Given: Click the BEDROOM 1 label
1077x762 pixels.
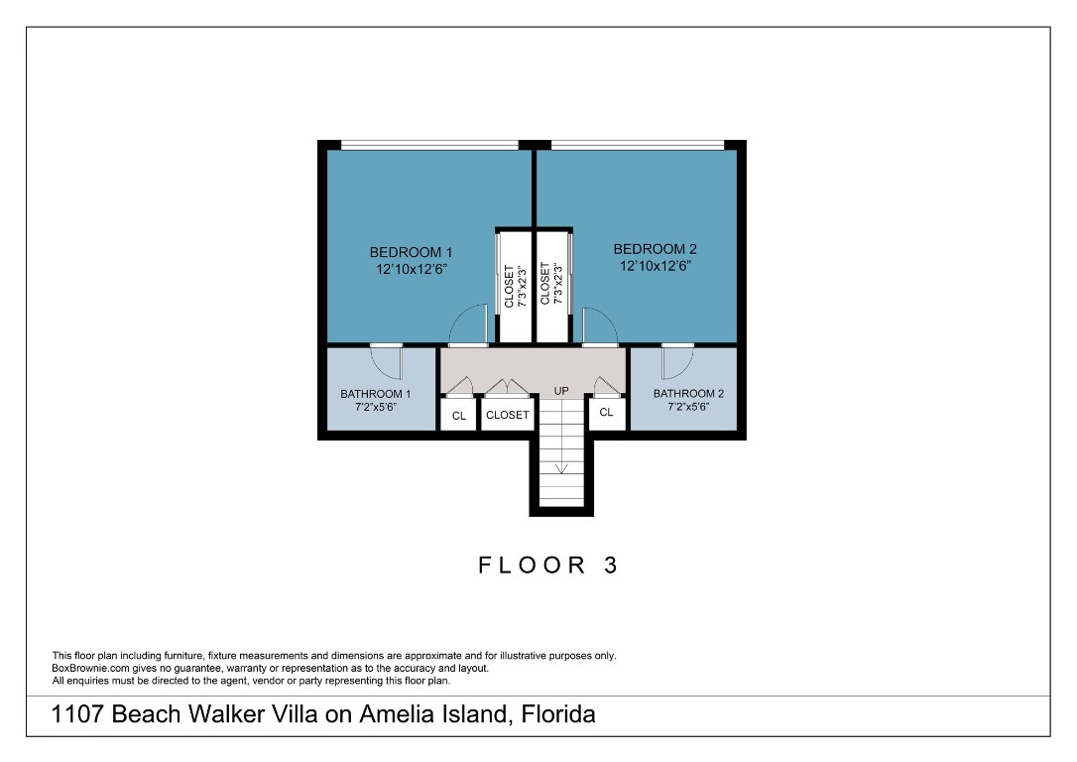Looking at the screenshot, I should click(411, 252).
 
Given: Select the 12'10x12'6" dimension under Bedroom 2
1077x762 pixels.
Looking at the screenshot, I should click(655, 266).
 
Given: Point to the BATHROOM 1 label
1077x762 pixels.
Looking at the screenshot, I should click(375, 394).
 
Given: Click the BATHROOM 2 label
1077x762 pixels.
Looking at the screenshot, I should click(688, 394).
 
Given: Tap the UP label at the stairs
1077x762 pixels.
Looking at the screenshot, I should click(561, 391).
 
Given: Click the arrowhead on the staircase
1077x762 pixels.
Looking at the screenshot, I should click(561, 470).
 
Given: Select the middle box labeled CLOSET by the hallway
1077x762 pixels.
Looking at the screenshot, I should click(508, 415).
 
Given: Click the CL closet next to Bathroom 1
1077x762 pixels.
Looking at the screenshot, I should click(458, 416).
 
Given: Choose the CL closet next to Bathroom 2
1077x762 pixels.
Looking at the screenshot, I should click(607, 412).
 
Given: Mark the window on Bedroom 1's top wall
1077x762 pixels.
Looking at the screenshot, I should click(429, 146).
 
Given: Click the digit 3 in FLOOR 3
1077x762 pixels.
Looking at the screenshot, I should click(611, 566).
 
